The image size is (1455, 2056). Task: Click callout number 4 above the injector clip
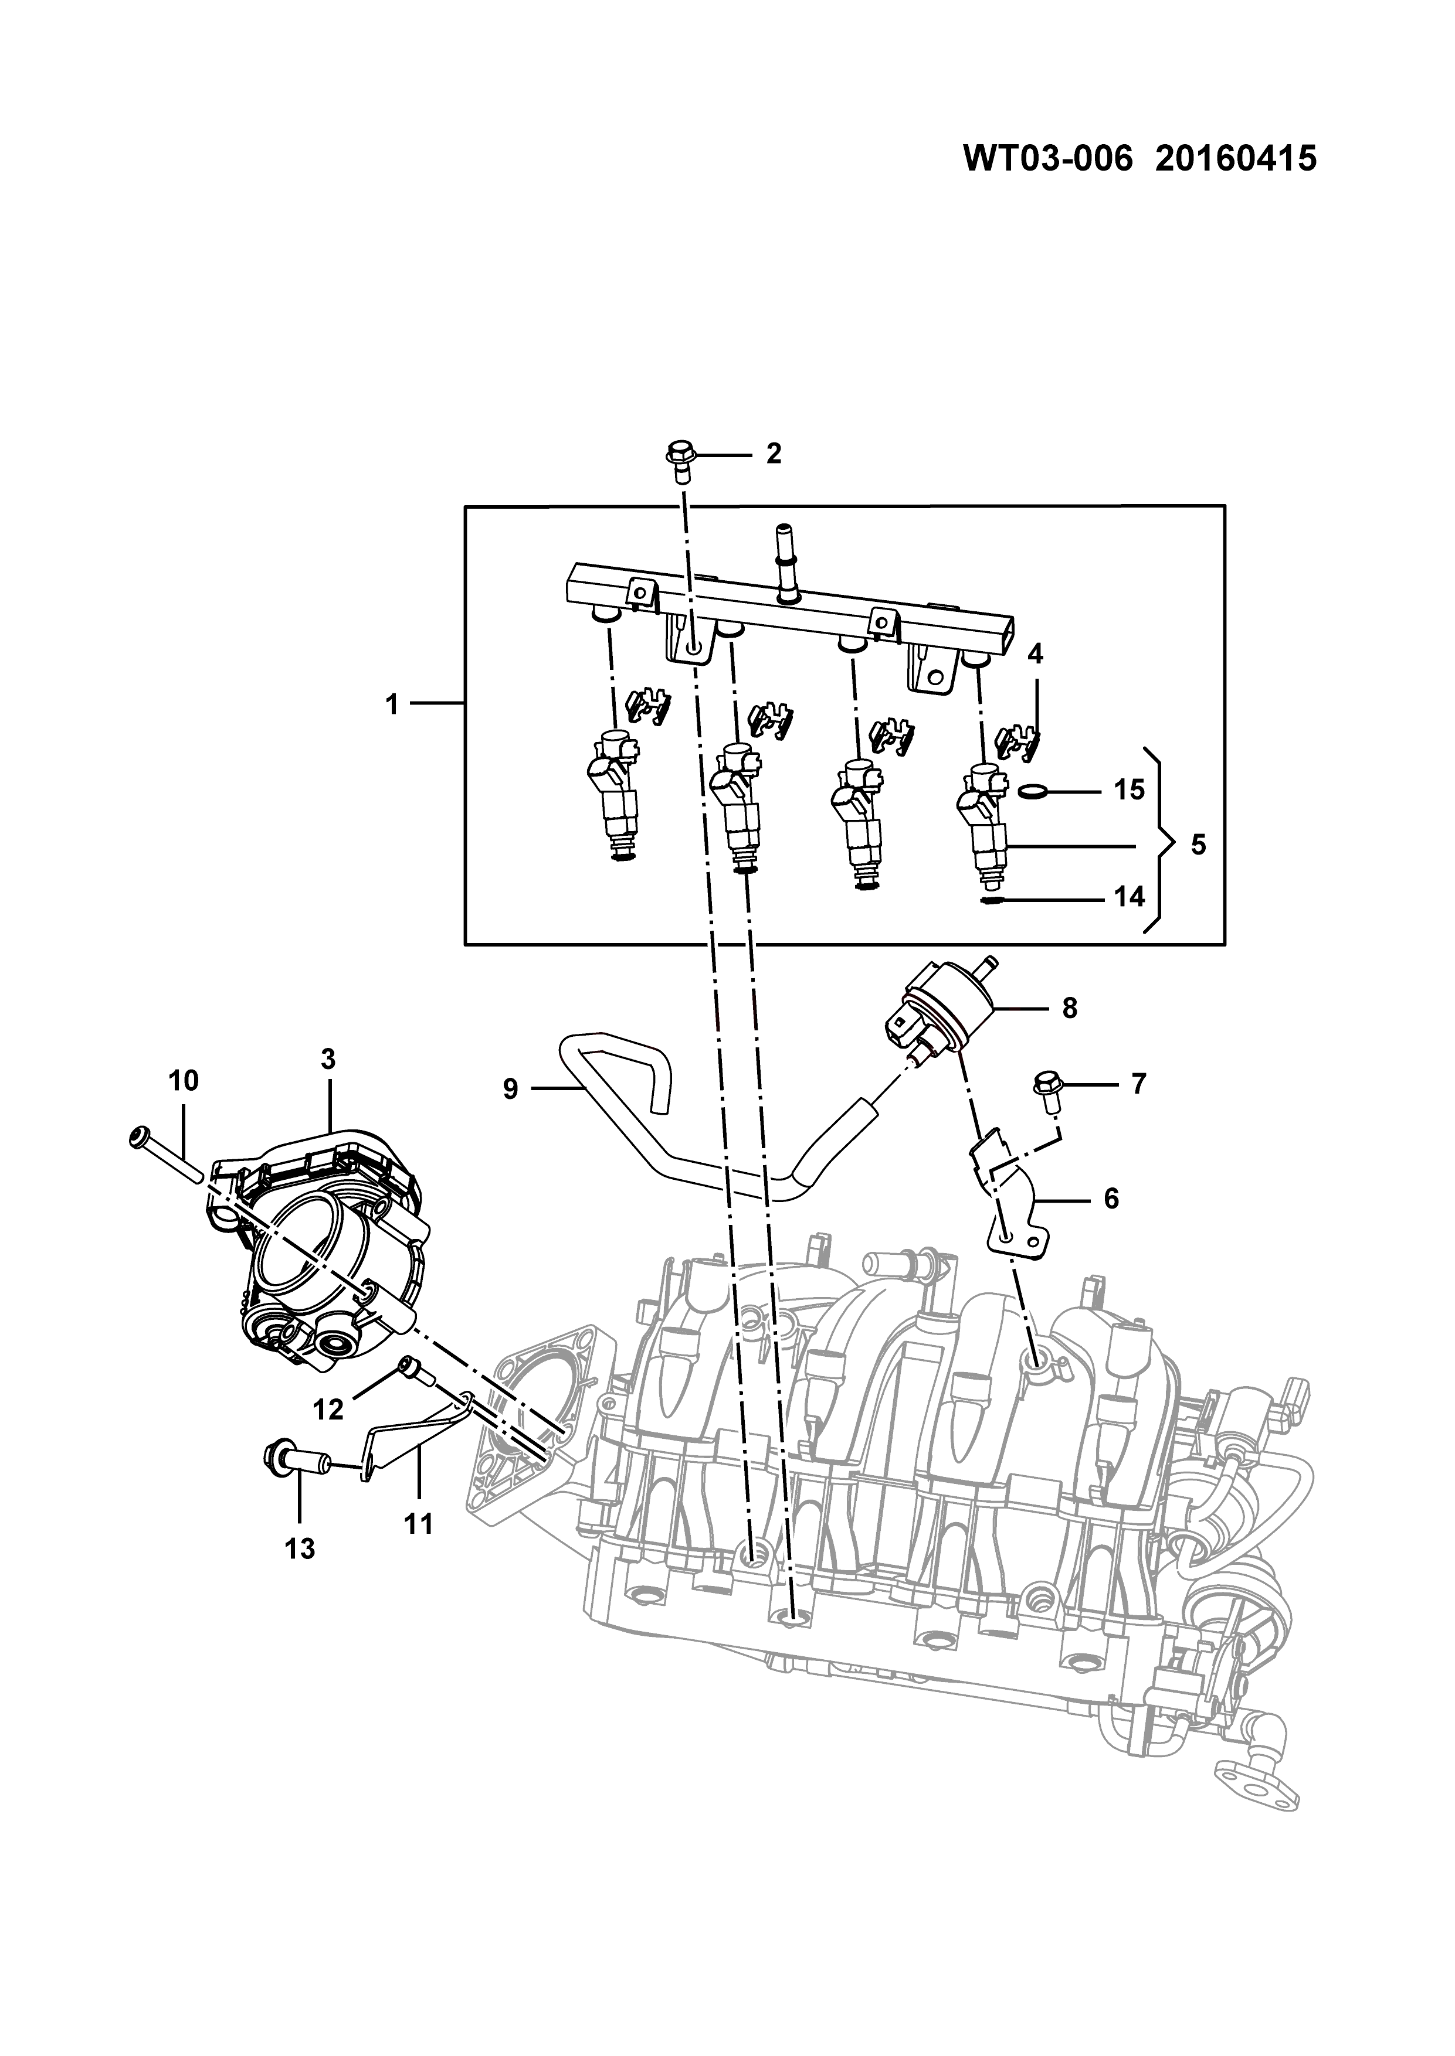(1035, 653)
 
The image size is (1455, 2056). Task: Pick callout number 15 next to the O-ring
(1130, 791)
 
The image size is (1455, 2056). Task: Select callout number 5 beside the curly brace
(1199, 845)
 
